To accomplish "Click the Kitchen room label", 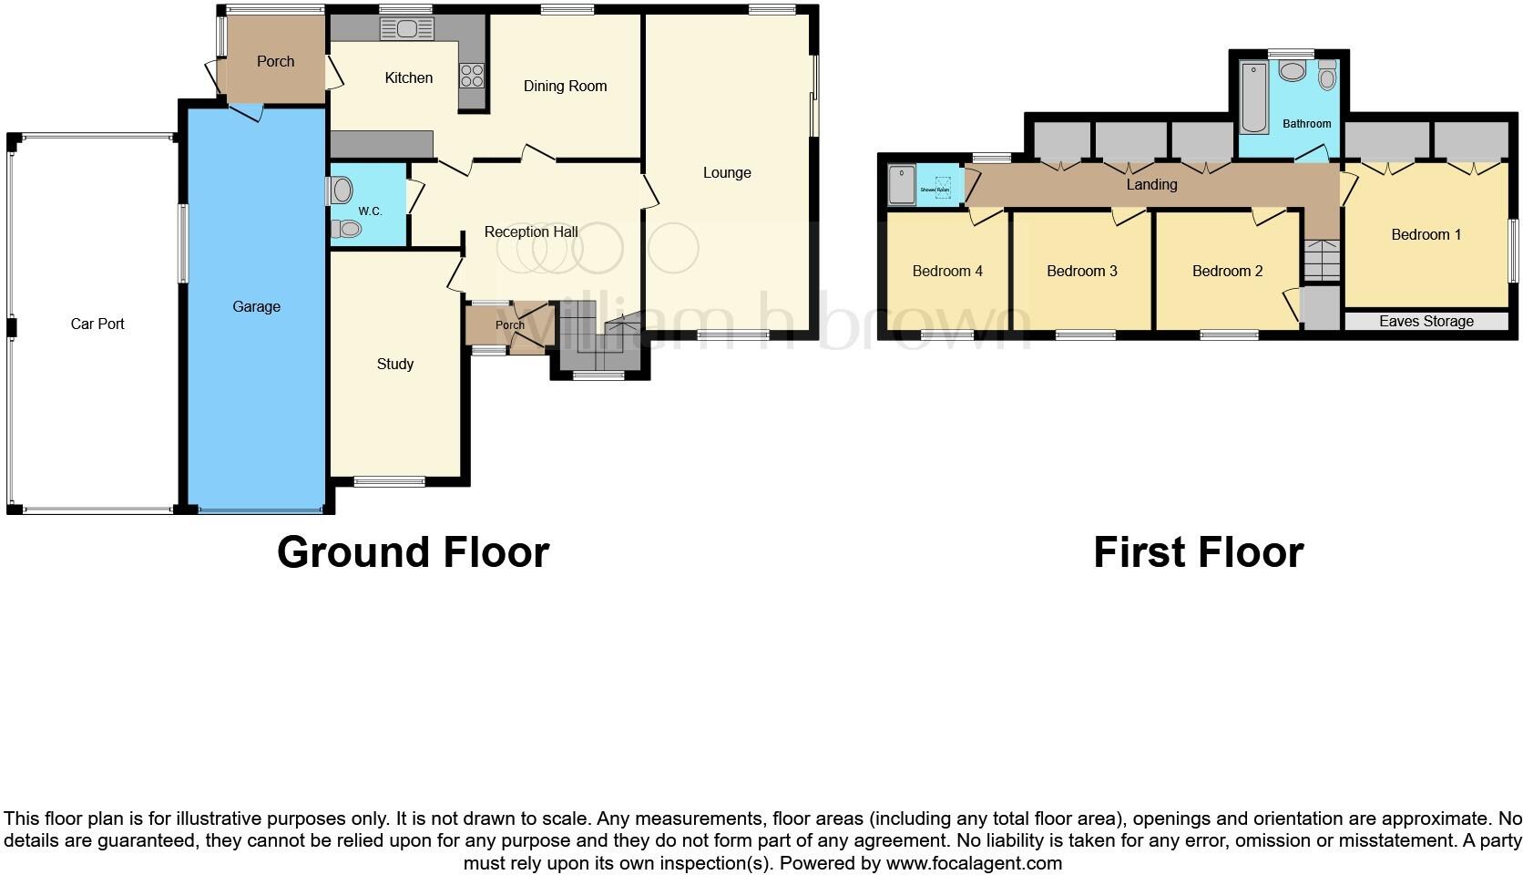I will [408, 78].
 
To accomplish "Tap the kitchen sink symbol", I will [406, 29].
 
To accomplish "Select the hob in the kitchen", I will [472, 75].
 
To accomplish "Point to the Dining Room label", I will [565, 87].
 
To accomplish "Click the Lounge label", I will [727, 173].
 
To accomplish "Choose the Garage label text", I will [256, 307].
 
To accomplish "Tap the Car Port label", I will [97, 324].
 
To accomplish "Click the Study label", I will [395, 365].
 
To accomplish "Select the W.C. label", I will [370, 211].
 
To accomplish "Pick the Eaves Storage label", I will [1426, 322].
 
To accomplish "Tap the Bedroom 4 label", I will [947, 272].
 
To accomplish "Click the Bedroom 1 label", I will [1426, 235].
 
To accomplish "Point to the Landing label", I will [1151, 185].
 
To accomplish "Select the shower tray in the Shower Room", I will [902, 185].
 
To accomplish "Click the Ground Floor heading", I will [413, 553].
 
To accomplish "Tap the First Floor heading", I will [1198, 553].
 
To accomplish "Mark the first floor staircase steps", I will [1321, 260].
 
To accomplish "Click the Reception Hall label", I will [531, 232].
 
